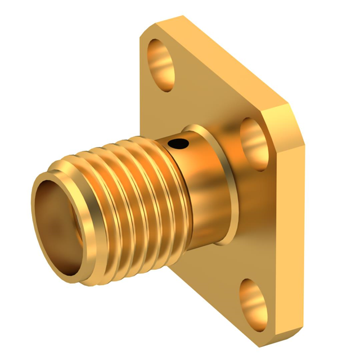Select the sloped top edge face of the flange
coord(225,56)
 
